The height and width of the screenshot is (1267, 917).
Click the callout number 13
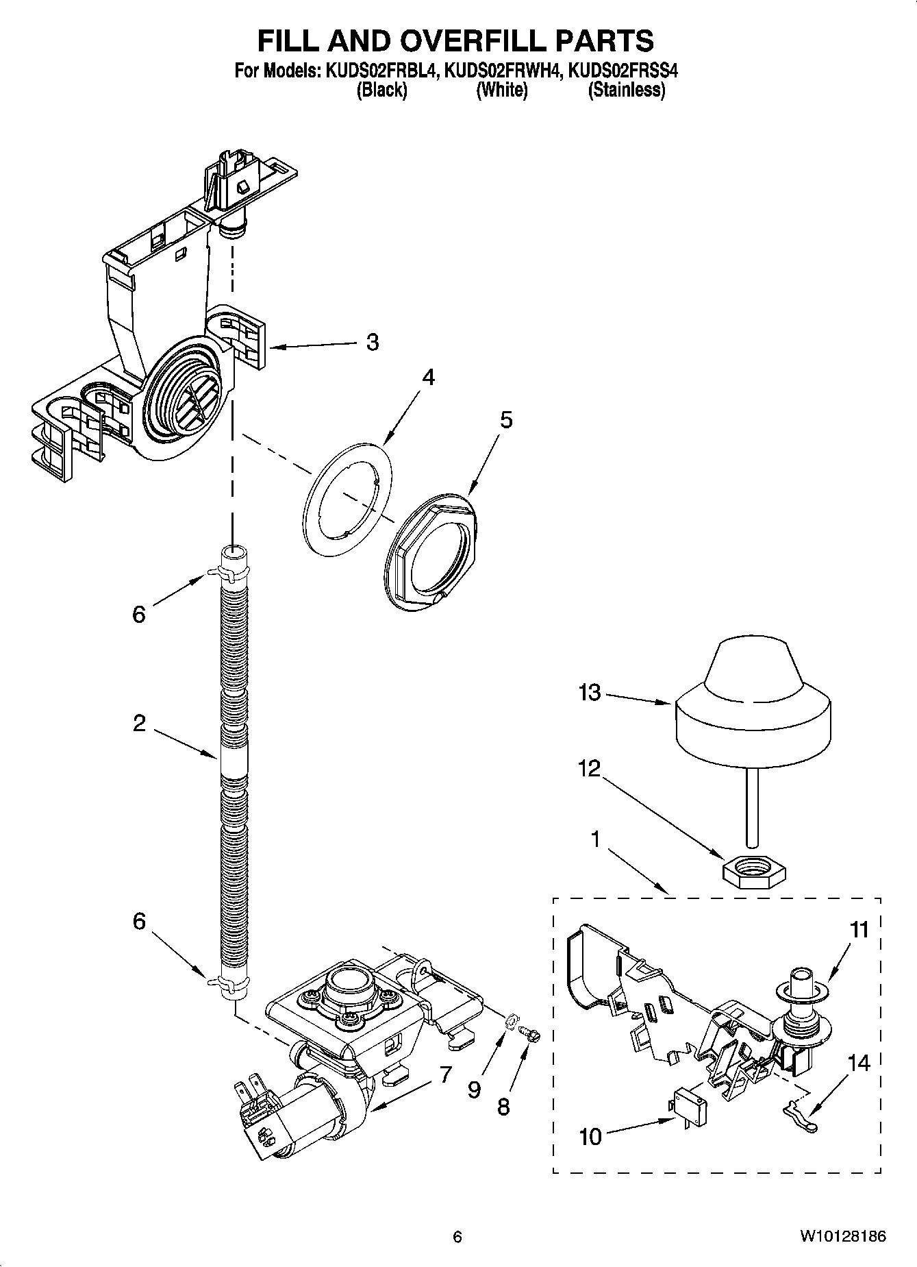588,693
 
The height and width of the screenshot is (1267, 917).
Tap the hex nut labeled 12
753,870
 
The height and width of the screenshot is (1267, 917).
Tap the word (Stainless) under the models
626,90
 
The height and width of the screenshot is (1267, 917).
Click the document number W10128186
842,1236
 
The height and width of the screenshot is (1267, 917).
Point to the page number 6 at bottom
457,1236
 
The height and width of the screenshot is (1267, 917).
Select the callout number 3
372,342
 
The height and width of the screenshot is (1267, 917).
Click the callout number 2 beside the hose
139,723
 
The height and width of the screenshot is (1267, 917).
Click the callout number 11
859,930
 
